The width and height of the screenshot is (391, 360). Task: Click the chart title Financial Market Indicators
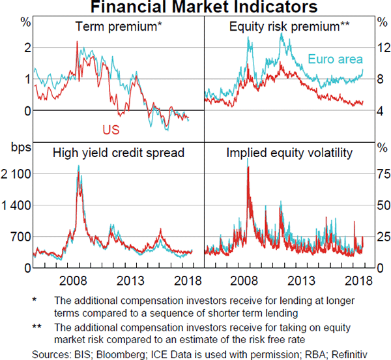coord(195,7)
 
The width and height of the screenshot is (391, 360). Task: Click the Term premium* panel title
coord(118,27)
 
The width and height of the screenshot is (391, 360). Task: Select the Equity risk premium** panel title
coord(290,27)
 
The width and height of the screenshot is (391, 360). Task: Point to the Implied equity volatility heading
coord(289,153)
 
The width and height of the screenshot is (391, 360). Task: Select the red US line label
coord(111,130)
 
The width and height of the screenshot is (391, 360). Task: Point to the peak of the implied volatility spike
coord(248,168)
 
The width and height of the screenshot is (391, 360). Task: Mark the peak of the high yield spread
coord(78,166)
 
